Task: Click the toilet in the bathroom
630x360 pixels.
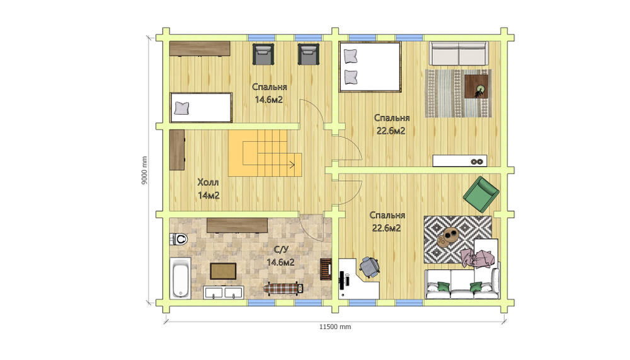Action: click(179, 240)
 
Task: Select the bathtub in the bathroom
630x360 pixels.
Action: click(180, 278)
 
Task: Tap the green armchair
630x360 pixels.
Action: click(481, 194)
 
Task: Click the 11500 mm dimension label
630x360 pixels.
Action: click(335, 327)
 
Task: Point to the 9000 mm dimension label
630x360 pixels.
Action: click(145, 170)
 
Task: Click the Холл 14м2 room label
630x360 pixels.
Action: click(208, 189)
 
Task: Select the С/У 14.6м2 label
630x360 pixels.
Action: click(280, 256)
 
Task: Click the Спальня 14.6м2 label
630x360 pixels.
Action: click(269, 93)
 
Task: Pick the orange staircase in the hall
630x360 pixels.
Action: click(265, 153)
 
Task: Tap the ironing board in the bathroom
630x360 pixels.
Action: click(283, 288)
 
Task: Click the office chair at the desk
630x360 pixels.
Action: click(369, 267)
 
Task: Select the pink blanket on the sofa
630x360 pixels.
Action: click(477, 258)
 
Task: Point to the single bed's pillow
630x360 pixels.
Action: click(181, 108)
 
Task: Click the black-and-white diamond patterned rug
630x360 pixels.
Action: click(457, 240)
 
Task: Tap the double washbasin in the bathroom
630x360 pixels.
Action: click(224, 292)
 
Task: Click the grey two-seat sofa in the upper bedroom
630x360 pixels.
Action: click(459, 53)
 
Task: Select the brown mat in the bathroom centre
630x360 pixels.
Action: click(223, 271)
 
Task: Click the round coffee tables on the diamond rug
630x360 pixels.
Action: click(447, 236)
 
